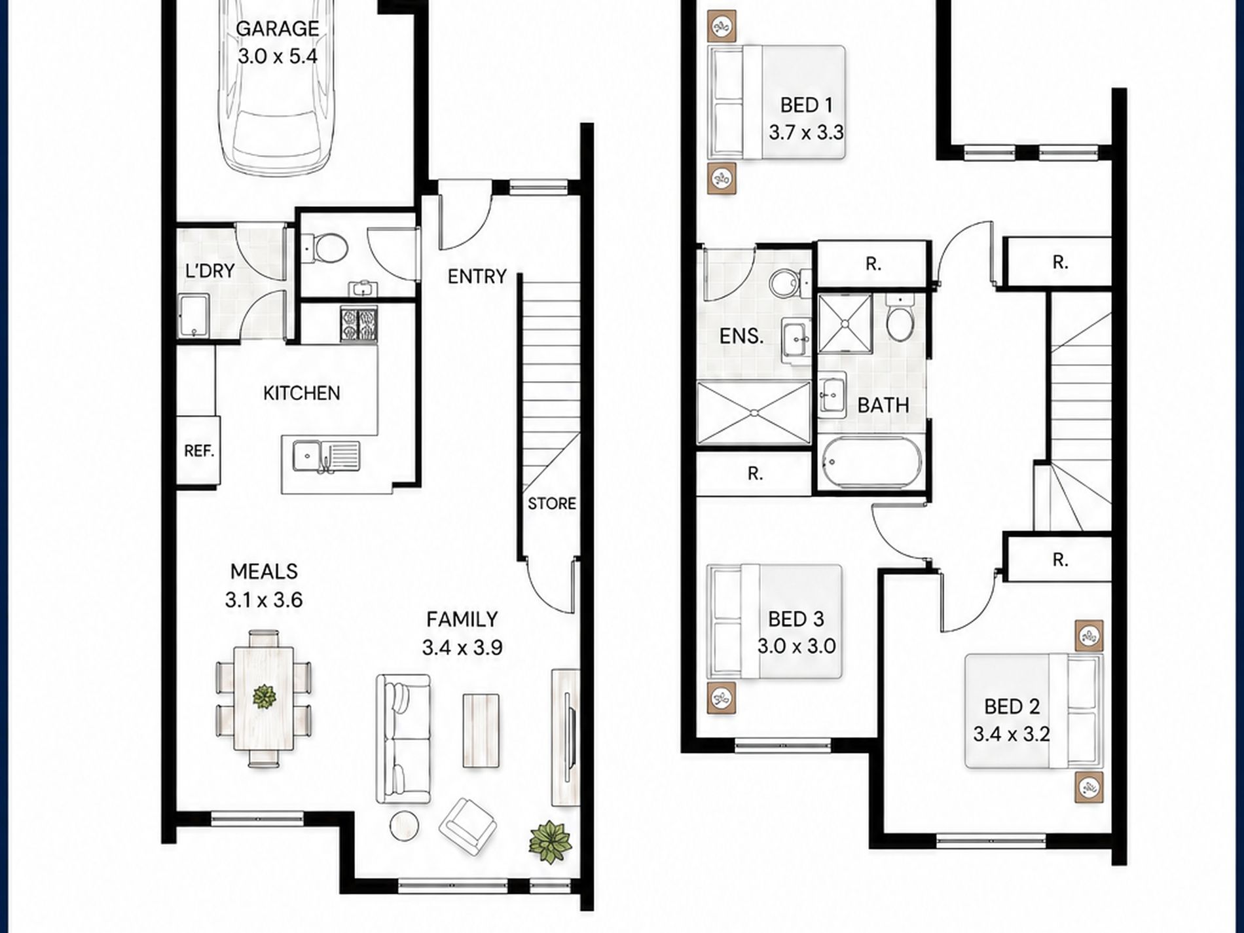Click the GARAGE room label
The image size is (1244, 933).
point(277,29)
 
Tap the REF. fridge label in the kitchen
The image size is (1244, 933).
point(199,451)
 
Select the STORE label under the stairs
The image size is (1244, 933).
point(552,503)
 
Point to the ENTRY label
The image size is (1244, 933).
point(477,276)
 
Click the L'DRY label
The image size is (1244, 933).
point(210,270)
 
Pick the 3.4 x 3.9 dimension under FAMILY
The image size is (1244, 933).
point(462,648)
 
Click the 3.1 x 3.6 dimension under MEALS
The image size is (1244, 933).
point(264,600)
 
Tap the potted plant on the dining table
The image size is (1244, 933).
point(264,697)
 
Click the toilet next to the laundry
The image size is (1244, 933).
point(327,248)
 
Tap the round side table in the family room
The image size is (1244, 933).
point(405,826)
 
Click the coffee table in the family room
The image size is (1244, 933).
point(481,730)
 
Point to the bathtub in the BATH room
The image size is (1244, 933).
point(871,463)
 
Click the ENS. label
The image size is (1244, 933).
point(741,337)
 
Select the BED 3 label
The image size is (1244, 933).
point(796,619)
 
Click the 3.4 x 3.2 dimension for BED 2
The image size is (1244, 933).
point(1012,735)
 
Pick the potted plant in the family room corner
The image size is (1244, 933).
point(551,843)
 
